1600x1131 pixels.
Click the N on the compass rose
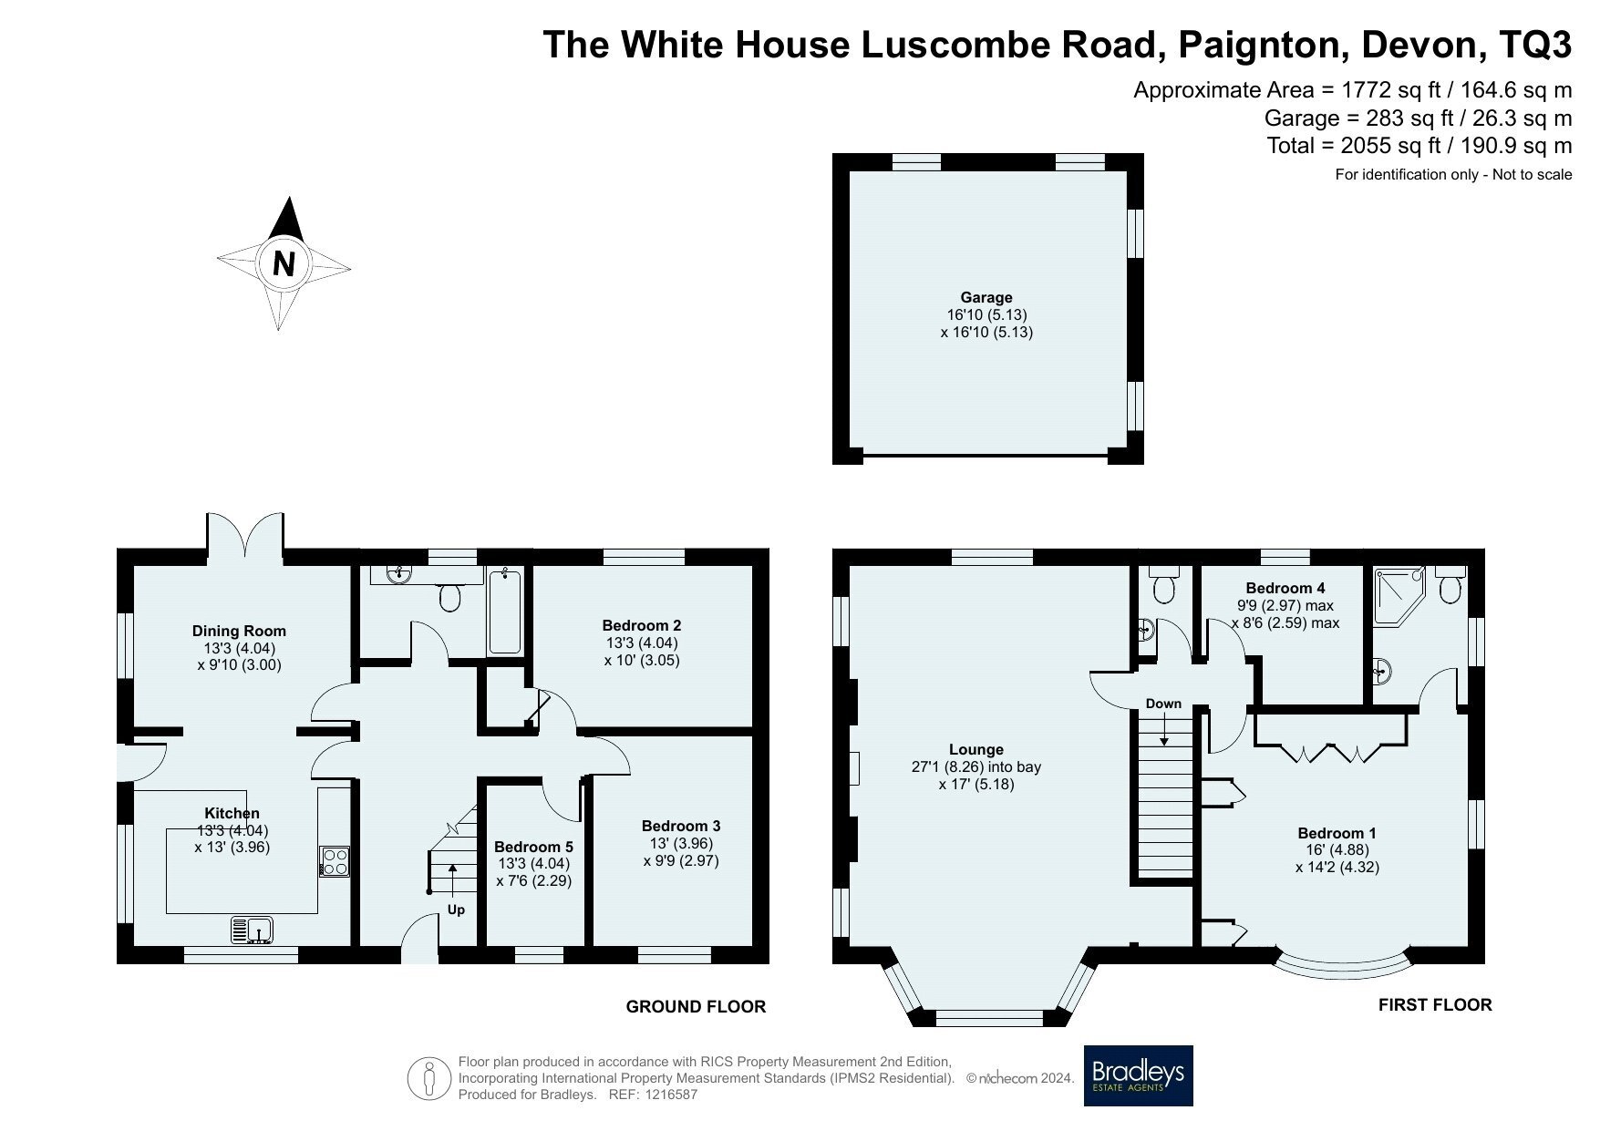[284, 263]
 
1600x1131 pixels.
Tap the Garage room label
[986, 297]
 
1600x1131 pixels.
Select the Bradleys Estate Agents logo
[1138, 1075]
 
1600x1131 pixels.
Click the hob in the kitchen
[334, 862]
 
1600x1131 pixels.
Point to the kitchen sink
[253, 931]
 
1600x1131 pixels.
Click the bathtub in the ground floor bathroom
[504, 612]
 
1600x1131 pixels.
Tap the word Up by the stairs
[456, 910]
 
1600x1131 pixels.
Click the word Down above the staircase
[1163, 704]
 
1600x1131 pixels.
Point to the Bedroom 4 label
[1285, 589]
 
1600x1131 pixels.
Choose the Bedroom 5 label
[534, 847]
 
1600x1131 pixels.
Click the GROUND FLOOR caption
[696, 1007]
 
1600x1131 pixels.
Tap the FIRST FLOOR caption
[1435, 1005]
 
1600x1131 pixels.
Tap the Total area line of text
[1419, 145]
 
